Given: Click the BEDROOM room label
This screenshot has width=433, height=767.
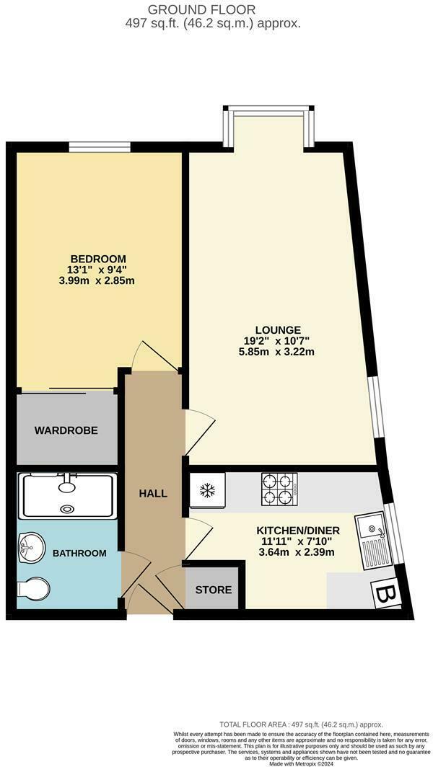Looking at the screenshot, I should [x=98, y=259].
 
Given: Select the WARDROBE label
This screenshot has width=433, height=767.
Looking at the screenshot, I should [x=66, y=430].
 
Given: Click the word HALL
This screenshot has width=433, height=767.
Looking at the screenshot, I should [x=153, y=494].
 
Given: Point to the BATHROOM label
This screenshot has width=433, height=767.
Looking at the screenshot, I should [x=79, y=554].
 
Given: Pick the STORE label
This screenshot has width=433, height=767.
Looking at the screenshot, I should [x=214, y=590].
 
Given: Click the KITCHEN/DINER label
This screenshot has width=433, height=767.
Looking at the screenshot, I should [x=298, y=531].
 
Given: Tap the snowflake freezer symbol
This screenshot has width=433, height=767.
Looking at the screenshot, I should [x=208, y=491].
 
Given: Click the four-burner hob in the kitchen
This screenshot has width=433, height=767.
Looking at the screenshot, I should [x=279, y=488].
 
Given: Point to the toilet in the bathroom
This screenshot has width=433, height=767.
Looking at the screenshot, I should [x=32, y=590].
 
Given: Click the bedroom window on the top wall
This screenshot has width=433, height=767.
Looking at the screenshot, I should [x=100, y=147].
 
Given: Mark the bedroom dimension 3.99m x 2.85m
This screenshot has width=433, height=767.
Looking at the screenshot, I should [x=98, y=280].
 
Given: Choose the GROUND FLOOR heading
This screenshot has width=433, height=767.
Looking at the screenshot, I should [x=201, y=9].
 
